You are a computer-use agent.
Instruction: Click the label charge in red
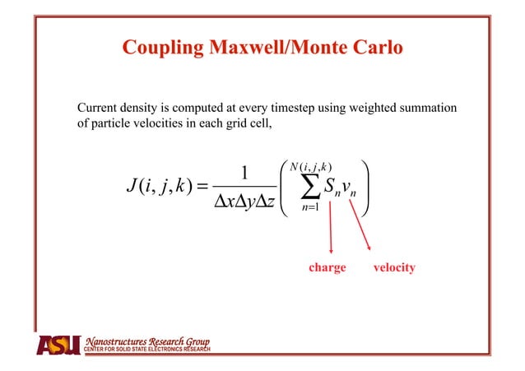click(327, 267)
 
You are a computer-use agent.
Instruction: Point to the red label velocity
click(393, 267)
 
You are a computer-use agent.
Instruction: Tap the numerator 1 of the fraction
click(244, 175)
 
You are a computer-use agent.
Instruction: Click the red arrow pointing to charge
click(331, 230)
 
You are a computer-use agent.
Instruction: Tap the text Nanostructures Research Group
click(148, 341)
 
